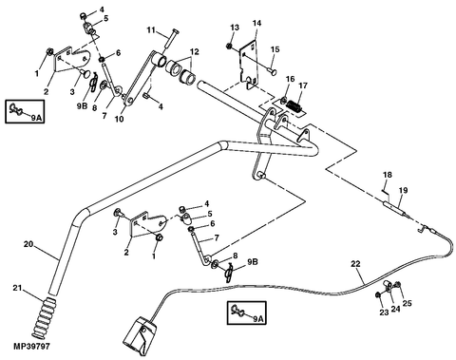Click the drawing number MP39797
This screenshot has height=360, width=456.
point(31,347)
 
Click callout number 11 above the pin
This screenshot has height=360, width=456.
point(151,30)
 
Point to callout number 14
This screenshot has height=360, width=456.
point(256,23)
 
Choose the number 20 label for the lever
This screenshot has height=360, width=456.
point(28,244)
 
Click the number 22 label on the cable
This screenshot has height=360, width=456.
point(355,264)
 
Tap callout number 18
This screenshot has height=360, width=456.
point(388,175)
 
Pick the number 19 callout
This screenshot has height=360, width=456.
point(403,190)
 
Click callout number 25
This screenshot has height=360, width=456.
point(407,303)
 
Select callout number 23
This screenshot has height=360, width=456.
point(384,313)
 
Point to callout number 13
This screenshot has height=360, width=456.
point(235,28)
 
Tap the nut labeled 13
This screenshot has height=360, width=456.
point(228,46)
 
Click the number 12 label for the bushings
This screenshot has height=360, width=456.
point(194,51)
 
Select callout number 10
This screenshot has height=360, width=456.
point(119,120)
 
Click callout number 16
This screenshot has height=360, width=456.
point(291,79)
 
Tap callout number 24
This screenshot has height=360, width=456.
point(395,309)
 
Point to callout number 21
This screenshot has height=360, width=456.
point(17,288)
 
